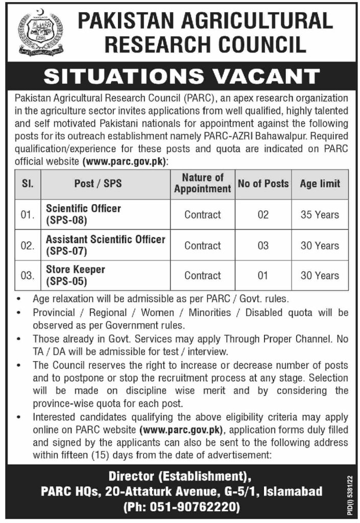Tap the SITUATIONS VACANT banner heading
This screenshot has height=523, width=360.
[180, 76]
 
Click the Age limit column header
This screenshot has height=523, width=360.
[320, 183]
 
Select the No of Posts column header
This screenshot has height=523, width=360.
[263, 183]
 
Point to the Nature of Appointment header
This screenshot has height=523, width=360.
[203, 183]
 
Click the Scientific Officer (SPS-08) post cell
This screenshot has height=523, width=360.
[84, 215]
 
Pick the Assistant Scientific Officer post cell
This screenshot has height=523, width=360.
[105, 245]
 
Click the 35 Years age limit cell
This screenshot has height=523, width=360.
[320, 215]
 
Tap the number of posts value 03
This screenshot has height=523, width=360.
[263, 246]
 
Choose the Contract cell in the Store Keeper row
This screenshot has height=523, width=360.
[203, 276]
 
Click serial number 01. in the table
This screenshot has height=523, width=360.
[27, 215]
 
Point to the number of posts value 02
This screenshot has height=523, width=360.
[263, 215]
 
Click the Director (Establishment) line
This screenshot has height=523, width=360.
[180, 476]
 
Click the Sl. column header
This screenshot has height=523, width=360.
[27, 183]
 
